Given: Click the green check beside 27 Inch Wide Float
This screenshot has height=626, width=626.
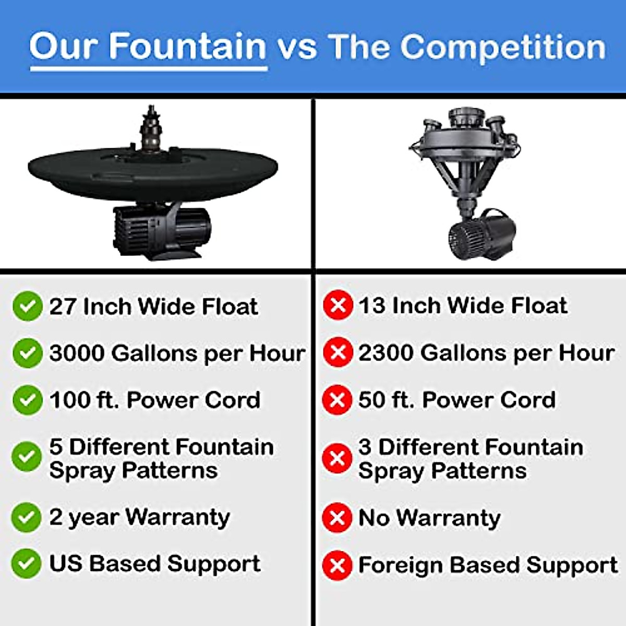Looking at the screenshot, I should pos(27,306).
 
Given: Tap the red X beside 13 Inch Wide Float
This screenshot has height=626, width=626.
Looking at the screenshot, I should pos(338,306).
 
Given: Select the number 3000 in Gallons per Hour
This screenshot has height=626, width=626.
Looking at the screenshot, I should pos(77,353).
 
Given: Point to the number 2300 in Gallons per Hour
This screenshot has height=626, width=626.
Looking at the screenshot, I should pos(386,353).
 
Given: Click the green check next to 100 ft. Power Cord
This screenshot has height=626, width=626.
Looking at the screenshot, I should pos(27,400).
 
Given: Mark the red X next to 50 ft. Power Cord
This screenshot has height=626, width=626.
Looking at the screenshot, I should pos(338,400).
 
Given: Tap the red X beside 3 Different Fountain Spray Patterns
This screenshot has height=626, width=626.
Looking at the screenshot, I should pos(338,458).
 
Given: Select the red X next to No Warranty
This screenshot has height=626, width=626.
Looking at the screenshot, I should pos(338,517).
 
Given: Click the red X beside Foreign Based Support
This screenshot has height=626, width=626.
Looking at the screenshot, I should pos(338,565).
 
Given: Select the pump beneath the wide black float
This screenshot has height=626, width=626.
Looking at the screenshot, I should pos(162,230).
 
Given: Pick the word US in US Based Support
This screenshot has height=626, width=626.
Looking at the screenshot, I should pos(66,563).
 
